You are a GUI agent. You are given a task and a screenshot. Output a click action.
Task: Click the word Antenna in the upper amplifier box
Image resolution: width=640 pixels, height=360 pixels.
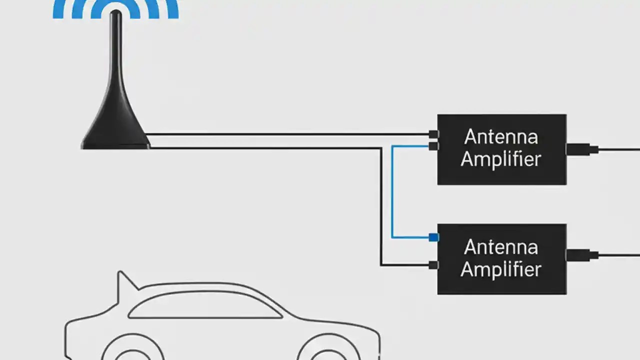coord(501,137)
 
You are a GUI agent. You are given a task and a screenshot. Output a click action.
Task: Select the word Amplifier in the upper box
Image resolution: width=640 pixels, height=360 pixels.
coord(501,159)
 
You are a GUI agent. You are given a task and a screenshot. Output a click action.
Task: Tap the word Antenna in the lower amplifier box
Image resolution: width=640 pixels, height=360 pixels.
coord(501,247)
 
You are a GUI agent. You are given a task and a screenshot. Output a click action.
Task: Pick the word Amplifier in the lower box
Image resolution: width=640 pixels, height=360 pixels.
coord(501,269)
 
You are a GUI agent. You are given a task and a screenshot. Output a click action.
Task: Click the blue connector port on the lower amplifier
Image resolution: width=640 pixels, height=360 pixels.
coord(433,237)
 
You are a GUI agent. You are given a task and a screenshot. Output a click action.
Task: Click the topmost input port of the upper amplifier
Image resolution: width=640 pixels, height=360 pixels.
coord(433,134)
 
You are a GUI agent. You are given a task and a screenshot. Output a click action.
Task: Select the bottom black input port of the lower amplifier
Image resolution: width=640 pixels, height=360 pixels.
coord(433,265)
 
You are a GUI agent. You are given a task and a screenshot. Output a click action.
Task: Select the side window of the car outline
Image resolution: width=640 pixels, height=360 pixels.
coord(205,306)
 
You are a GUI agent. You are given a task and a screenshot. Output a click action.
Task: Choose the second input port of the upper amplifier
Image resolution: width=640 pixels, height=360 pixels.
coord(433,146)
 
